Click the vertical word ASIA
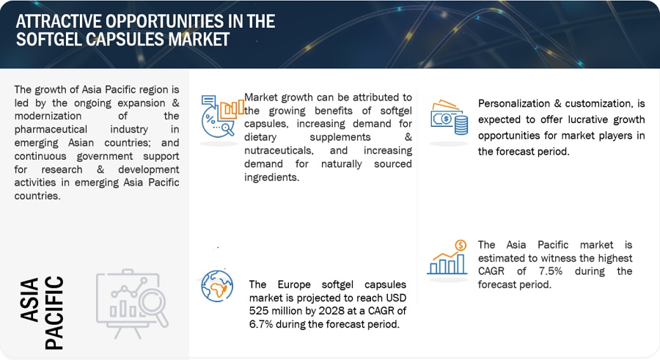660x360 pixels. tap(30, 300)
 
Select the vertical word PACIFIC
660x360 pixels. tap(54, 313)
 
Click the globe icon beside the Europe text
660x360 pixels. tap(217, 286)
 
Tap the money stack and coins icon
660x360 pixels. tap(449, 117)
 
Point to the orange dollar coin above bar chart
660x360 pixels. tap(461, 245)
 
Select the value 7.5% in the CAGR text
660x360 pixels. tap(551, 271)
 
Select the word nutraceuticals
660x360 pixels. tap(279, 150)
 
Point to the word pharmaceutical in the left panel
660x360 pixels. tap(51, 130)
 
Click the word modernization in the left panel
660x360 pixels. tap(48, 116)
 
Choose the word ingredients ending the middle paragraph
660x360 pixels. tap(271, 177)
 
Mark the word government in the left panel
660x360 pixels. tap(104, 156)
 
